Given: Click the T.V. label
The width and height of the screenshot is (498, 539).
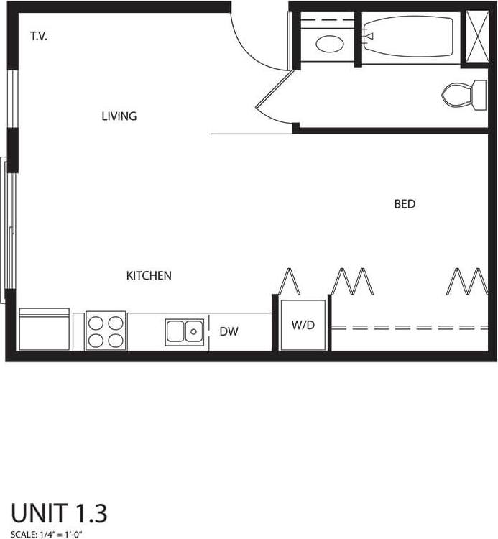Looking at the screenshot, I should [x=39, y=36].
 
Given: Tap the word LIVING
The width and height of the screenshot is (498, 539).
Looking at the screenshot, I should [x=119, y=116].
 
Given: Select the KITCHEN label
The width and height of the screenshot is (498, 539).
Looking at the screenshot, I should [x=149, y=275].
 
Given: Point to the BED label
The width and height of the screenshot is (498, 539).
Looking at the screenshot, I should [x=405, y=204].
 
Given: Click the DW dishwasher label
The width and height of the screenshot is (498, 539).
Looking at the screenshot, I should [x=229, y=331].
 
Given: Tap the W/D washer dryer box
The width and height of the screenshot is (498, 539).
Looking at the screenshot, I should [x=303, y=325].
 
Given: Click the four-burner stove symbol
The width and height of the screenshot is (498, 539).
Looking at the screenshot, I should [x=106, y=330].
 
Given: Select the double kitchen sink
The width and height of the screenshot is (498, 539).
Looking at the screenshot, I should [x=184, y=331].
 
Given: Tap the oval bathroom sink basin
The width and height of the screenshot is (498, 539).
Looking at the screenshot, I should [x=330, y=43].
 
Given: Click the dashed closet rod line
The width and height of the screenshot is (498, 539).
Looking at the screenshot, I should [x=410, y=328].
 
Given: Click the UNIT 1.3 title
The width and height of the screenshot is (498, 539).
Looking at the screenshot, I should [x=59, y=513].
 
